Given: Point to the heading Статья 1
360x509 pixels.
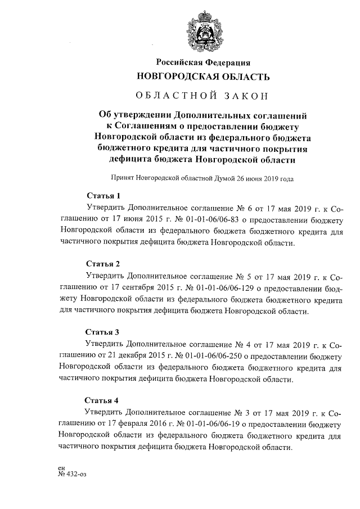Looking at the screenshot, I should tap(102, 196).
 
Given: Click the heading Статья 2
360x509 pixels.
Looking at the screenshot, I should tap(102, 263).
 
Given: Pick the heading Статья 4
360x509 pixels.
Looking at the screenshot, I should tap(102, 400).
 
